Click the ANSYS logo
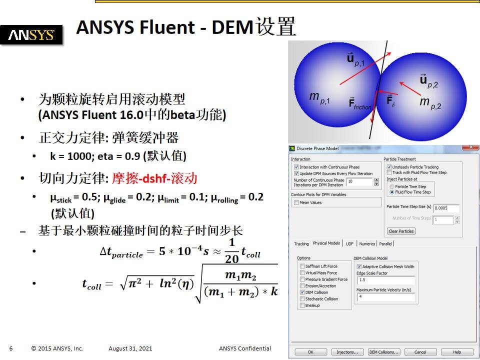click(x=31, y=35)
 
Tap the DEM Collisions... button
click(x=384, y=352)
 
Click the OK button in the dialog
click(x=310, y=352)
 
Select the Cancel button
click(x=420, y=352)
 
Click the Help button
click(x=456, y=352)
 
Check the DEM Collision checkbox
click(x=302, y=292)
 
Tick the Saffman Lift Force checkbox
click(x=302, y=266)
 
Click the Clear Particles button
click(x=401, y=231)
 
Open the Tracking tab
click(x=301, y=244)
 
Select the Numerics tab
click(x=367, y=244)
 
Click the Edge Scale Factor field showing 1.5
click(x=385, y=280)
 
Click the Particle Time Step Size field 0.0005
click(x=446, y=208)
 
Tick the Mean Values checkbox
click(x=296, y=202)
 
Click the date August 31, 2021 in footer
click(x=130, y=348)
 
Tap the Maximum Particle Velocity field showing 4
click(x=385, y=297)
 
